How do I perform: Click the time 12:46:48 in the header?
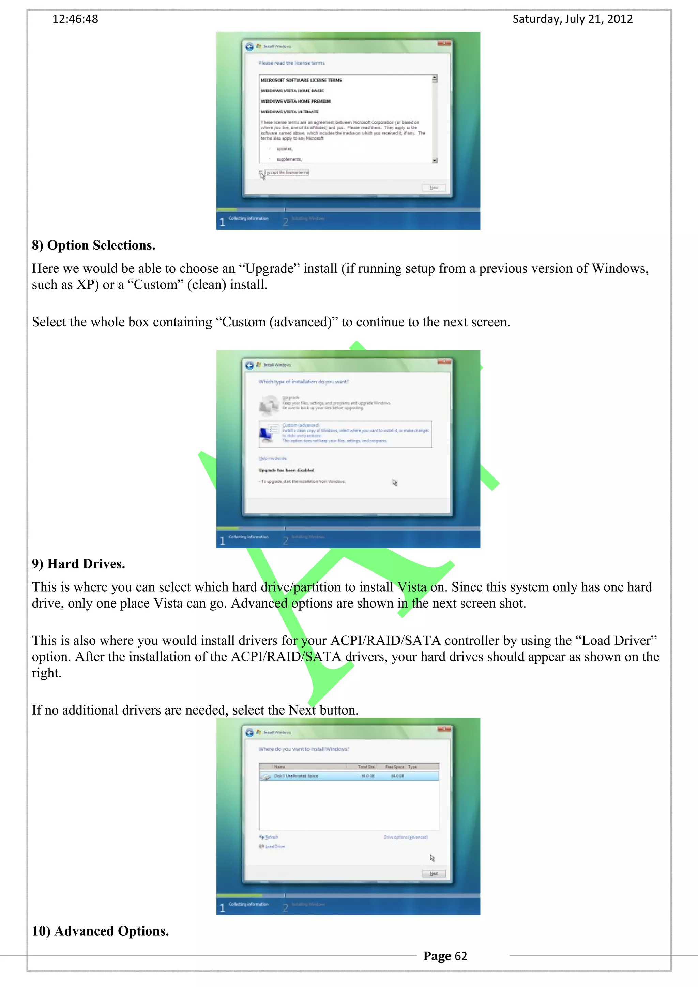pyautogui.click(x=75, y=19)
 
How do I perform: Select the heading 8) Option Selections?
pyautogui.click(x=93, y=246)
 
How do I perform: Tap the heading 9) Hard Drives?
pyautogui.click(x=78, y=564)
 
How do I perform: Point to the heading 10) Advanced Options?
pyautogui.click(x=100, y=931)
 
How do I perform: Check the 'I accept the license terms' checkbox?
pyautogui.click(x=261, y=173)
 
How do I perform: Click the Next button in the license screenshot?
pyautogui.click(x=434, y=188)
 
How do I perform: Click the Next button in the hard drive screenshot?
pyautogui.click(x=434, y=874)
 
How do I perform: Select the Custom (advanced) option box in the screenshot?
pyautogui.click(x=345, y=434)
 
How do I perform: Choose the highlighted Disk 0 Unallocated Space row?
pyautogui.click(x=349, y=776)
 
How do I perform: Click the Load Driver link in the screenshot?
pyautogui.click(x=275, y=846)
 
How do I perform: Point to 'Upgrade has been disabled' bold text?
pyautogui.click(x=286, y=470)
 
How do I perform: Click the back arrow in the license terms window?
pyautogui.click(x=249, y=46)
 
